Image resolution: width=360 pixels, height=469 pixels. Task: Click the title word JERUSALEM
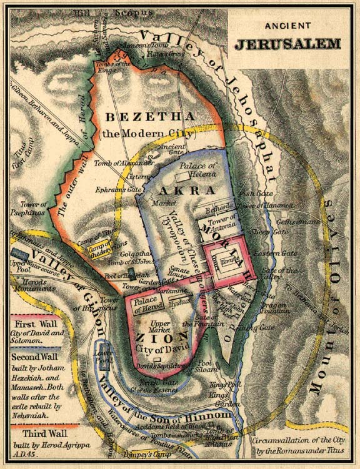click(x=287, y=44)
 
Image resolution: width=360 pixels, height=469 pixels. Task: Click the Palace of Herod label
click(x=149, y=304)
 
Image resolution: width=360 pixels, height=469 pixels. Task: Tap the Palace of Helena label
click(x=197, y=170)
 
